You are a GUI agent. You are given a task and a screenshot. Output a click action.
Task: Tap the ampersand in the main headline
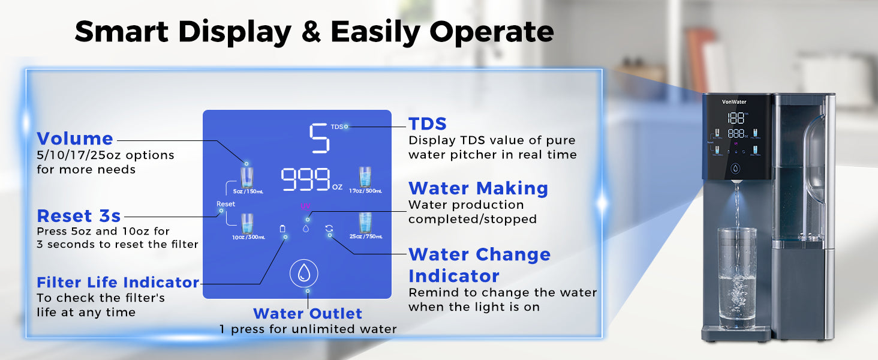tap(310, 32)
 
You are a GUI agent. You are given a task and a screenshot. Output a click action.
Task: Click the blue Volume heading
tap(75, 139)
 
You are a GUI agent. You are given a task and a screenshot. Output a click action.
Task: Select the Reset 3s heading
tap(79, 215)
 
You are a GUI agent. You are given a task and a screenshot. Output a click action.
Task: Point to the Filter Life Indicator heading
tap(118, 282)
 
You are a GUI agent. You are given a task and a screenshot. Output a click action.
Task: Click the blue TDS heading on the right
tap(427, 124)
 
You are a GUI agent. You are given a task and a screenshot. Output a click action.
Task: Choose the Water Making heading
tap(478, 188)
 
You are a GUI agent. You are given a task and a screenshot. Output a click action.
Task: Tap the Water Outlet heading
tap(308, 313)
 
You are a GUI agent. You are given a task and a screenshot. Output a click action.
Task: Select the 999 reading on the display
tap(306, 179)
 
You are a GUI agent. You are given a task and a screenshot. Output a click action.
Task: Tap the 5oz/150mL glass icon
tap(247, 178)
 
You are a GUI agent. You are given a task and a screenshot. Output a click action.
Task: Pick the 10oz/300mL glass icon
tap(247, 224)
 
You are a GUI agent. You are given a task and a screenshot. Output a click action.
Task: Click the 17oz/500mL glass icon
tap(365, 178)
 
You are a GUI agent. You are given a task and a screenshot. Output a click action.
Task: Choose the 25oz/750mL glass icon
tap(365, 223)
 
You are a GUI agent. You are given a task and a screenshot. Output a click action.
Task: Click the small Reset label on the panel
tap(225, 204)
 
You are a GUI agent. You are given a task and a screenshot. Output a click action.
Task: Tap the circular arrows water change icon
tap(329, 228)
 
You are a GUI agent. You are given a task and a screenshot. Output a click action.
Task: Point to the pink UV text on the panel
tap(305, 206)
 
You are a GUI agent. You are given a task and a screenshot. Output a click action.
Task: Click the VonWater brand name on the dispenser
tap(734, 102)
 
